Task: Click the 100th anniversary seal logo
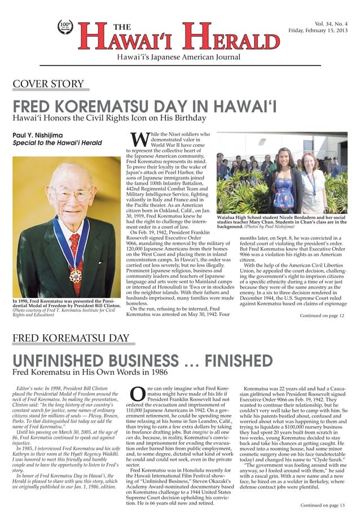(65, 27)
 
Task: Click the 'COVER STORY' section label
(49, 85)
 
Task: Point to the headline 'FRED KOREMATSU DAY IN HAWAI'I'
(144, 106)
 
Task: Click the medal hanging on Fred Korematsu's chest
(75, 276)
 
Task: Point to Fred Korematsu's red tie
(74, 248)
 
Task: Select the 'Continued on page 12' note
(322, 316)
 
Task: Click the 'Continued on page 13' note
(322, 505)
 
